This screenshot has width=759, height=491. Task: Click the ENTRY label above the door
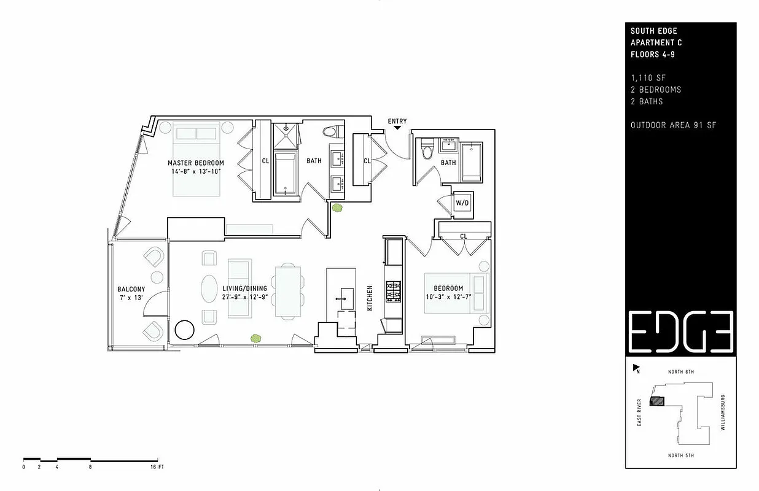click(397, 122)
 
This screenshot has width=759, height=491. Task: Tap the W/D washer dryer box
click(462, 203)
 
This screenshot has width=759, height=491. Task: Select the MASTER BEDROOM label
click(196, 163)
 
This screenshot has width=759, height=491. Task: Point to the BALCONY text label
click(131, 289)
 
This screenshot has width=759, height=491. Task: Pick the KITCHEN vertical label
click(370, 298)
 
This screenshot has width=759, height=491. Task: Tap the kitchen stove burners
click(392, 291)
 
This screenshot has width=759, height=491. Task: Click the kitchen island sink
click(343, 299)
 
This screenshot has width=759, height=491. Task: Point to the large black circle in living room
click(184, 330)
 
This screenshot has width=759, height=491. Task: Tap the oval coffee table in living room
click(209, 288)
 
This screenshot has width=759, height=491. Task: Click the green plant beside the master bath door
click(337, 208)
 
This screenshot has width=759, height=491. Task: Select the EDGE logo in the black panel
click(680, 331)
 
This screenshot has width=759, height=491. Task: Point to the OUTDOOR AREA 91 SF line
click(674, 126)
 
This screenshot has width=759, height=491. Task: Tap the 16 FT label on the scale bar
click(157, 467)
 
